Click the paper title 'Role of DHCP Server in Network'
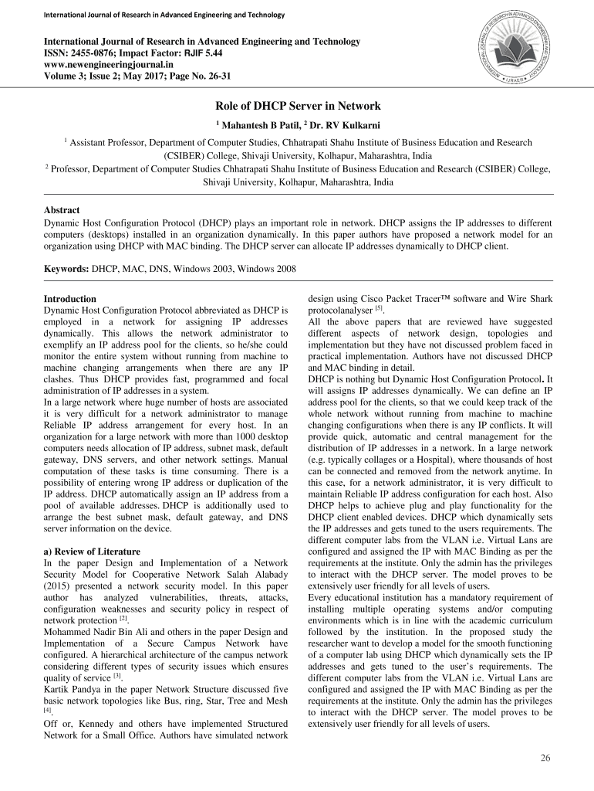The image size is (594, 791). coord(297,106)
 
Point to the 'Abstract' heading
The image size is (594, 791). coord(62,209)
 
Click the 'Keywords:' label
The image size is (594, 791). coord(66,268)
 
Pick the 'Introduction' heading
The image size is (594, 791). coord(70,299)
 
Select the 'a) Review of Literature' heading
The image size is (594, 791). coord(92,552)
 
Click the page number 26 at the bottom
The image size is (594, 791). coord(545,757)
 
